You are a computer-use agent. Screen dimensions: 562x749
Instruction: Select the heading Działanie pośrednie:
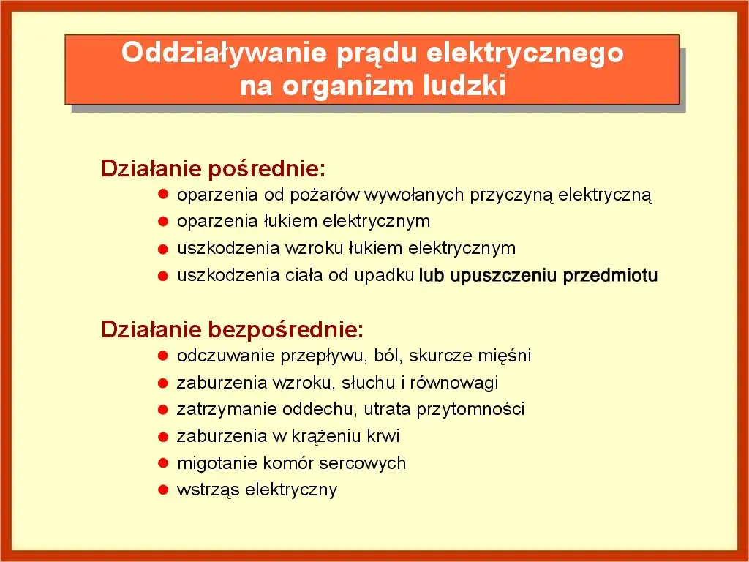[213, 169]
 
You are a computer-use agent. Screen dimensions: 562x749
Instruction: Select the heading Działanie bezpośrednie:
[232, 330]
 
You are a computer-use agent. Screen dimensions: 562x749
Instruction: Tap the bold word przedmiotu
[610, 276]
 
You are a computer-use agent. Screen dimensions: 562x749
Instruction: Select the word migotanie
[211, 463]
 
